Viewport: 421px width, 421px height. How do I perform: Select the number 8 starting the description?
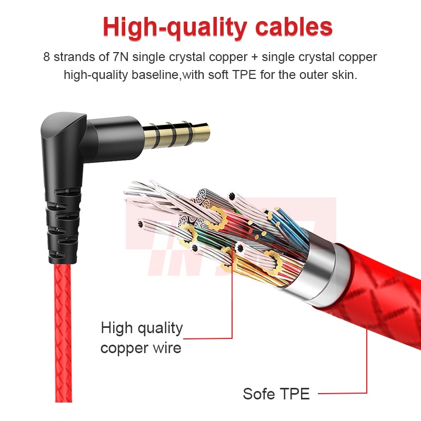[47, 57]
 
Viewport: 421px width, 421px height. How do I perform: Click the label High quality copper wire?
[142, 337]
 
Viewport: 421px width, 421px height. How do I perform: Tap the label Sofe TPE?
[276, 393]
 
